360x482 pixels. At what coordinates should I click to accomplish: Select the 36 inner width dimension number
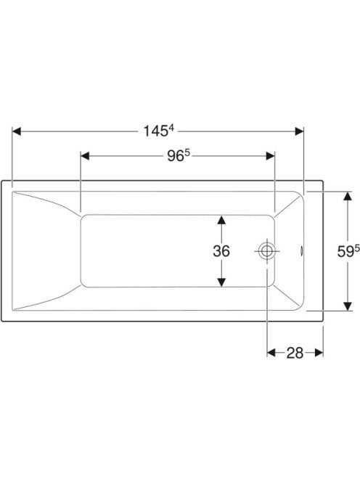[x=221, y=251]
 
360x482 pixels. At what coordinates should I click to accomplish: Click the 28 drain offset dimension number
[x=295, y=353]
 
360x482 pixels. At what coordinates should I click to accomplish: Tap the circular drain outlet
[x=266, y=251]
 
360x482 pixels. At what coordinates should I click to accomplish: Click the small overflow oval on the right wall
[x=302, y=251]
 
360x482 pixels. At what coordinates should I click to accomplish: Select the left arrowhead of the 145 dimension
[x=16, y=131]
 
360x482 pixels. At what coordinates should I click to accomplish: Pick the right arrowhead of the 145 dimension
[x=299, y=131]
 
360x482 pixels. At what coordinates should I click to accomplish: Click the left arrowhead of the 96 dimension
[x=85, y=156]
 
